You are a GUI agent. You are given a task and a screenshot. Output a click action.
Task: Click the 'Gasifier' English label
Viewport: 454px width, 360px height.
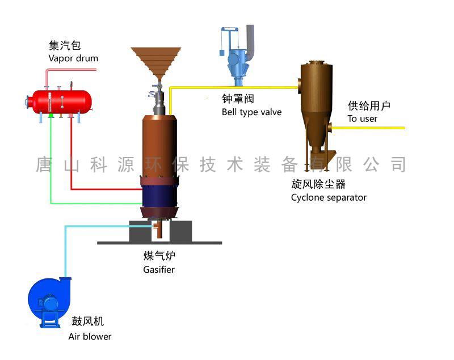pos(158,269)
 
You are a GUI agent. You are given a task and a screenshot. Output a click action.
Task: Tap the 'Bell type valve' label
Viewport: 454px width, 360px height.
pos(251,112)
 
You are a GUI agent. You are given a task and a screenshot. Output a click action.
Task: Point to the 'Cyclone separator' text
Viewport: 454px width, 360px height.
pos(329,197)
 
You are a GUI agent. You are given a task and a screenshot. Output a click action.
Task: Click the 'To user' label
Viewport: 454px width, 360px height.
pos(362,118)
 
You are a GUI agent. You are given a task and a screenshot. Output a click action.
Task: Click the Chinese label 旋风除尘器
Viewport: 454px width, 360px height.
pos(318,184)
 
